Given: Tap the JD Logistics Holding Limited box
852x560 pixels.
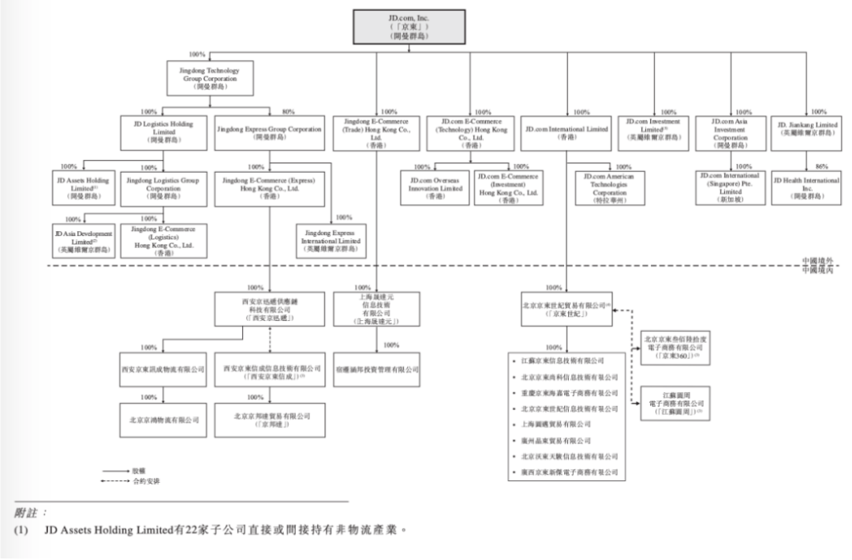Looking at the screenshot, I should (x=163, y=132).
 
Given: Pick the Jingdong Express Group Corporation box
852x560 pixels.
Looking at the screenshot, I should (x=269, y=132).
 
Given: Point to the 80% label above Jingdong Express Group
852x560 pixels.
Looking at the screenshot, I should (x=288, y=112).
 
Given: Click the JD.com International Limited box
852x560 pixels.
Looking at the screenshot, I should (x=566, y=132).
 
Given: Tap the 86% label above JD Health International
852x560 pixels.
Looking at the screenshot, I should (x=821, y=166).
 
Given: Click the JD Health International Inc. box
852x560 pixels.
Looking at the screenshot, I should (x=807, y=189).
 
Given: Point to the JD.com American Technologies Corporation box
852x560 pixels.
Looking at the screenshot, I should (x=609, y=189).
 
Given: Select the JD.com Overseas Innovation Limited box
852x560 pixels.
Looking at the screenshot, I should (x=435, y=189).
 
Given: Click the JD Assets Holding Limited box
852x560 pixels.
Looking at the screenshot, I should (x=83, y=189).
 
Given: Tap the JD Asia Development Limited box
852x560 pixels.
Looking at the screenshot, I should (x=83, y=241).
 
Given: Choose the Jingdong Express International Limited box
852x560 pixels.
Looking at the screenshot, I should (x=331, y=241).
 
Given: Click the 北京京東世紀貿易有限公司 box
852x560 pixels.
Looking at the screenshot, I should (x=566, y=308).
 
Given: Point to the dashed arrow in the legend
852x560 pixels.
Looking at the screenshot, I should (x=116, y=480).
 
